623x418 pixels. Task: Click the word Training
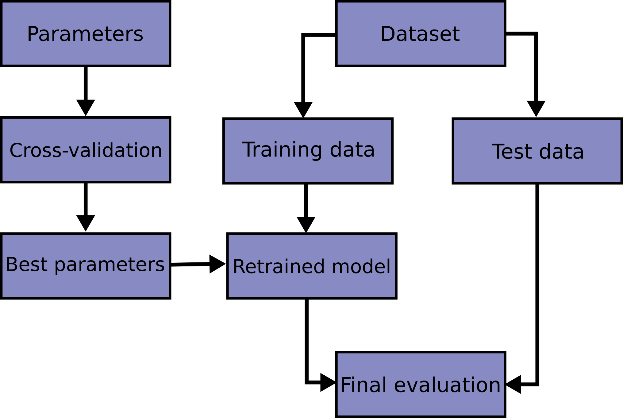282,150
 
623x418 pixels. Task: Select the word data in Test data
561,152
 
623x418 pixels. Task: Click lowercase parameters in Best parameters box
110,265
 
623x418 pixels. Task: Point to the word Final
364,385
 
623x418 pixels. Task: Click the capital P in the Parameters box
33,34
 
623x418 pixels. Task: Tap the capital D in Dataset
387,34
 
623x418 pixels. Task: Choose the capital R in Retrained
240,266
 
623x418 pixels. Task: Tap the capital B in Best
12,265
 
